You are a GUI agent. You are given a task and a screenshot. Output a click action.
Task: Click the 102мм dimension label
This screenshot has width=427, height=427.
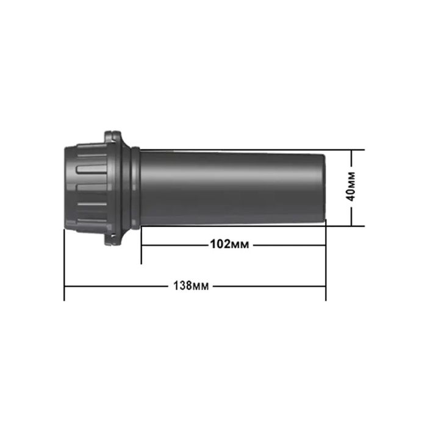[229, 244]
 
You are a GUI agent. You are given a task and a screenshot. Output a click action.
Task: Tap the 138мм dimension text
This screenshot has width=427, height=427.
[191, 286]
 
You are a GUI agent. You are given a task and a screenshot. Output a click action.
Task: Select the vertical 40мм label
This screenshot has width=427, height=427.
[351, 187]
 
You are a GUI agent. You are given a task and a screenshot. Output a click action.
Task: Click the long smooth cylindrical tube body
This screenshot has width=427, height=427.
[233, 188]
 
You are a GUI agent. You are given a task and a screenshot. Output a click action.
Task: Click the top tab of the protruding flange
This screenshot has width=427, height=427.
[112, 135]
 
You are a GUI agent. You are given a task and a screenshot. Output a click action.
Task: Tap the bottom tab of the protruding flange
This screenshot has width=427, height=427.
[112, 241]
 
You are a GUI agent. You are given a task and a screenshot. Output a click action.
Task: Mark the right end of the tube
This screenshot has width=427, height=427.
[325, 188]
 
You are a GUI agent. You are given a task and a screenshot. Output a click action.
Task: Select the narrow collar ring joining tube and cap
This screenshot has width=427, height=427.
[135, 188]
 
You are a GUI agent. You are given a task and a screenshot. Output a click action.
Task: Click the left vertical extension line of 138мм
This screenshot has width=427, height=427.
[64, 265]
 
